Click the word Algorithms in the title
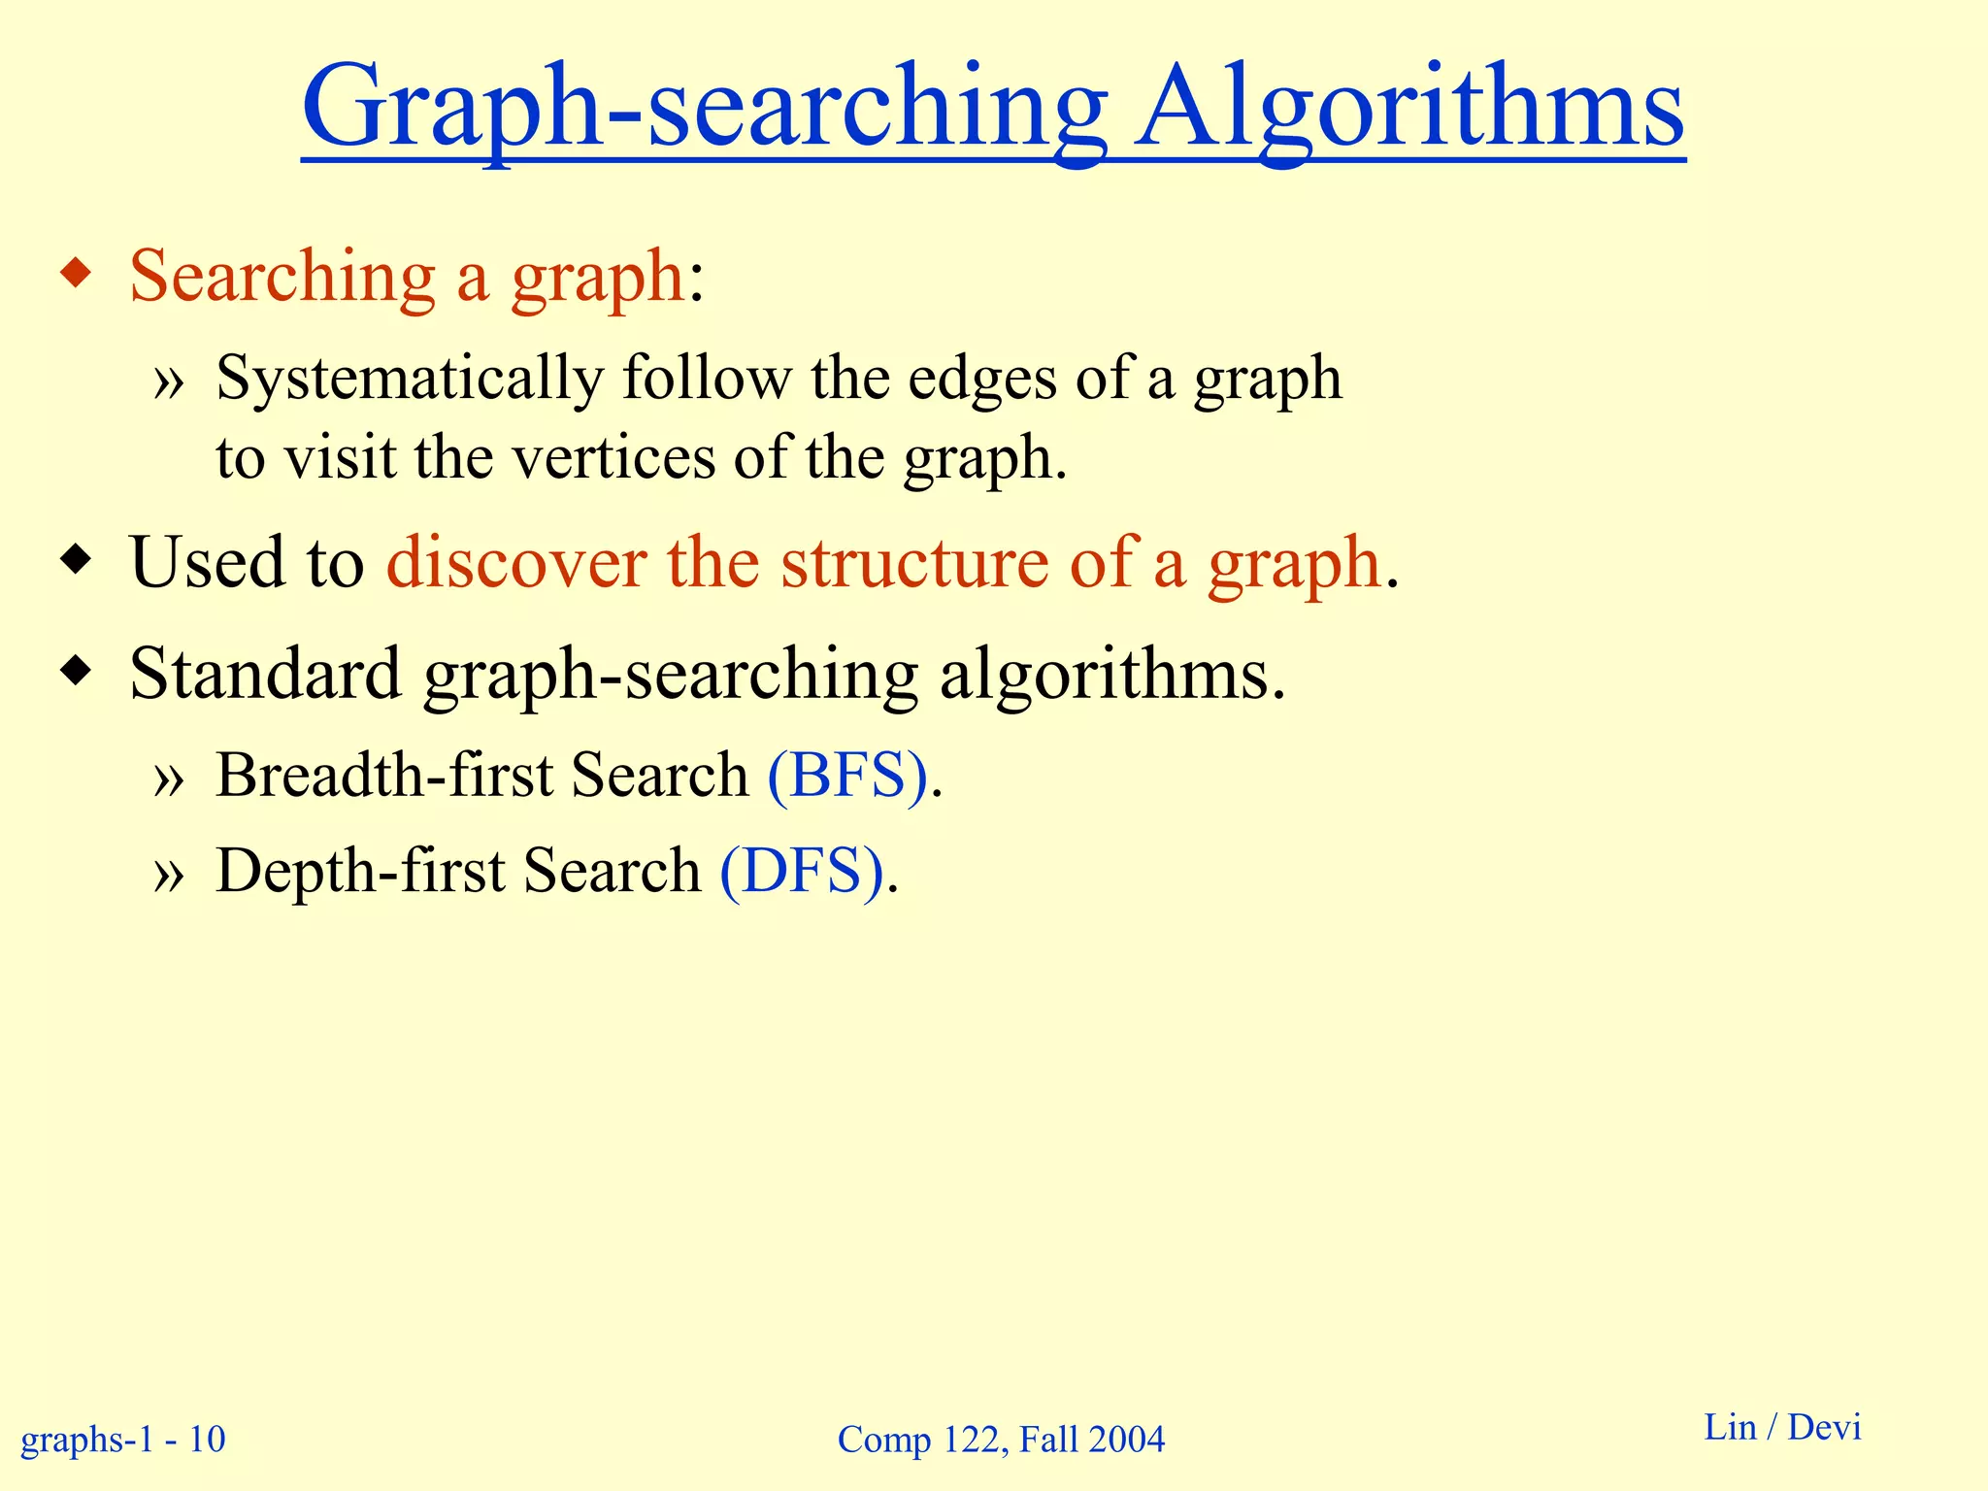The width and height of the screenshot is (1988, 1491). (1409, 107)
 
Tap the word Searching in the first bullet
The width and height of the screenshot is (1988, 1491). (282, 278)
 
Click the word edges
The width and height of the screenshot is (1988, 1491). (981, 379)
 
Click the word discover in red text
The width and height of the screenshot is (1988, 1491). (516, 563)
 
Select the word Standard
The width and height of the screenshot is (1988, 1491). (265, 674)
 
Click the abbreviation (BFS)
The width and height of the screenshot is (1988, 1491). (847, 776)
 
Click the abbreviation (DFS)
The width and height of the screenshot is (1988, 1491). (802, 871)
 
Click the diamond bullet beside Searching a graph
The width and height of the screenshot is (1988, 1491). (76, 274)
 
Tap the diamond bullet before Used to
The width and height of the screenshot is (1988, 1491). (76, 560)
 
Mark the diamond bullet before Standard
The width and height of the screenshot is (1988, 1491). (76, 671)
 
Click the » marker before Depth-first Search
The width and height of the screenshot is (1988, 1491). (168, 874)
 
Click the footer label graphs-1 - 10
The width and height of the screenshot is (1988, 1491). (123, 1439)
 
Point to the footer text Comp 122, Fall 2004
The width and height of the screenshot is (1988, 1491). (1001, 1439)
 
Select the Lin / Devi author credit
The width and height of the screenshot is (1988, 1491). (1782, 1427)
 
